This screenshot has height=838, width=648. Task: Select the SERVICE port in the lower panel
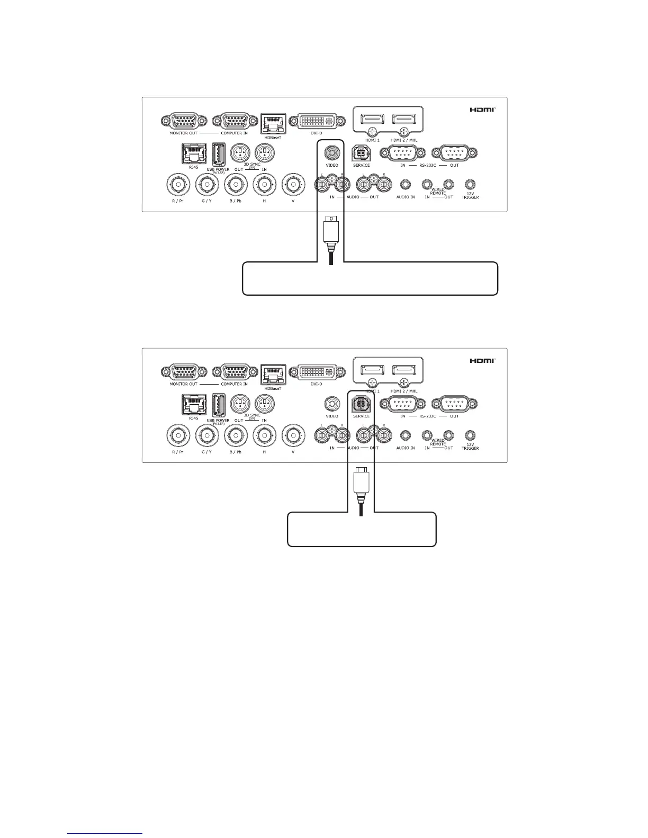click(361, 404)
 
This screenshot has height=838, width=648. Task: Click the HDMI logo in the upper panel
click(483, 110)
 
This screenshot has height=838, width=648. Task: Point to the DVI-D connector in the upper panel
click(316, 121)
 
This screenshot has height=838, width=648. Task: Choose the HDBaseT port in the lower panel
click(273, 372)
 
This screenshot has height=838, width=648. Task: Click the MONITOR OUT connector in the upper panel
click(183, 121)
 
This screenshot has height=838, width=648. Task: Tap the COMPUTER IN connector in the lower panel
click(234, 372)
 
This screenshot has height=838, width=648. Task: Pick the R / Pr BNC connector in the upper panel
click(178, 185)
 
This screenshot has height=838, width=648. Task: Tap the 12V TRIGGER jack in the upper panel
click(470, 185)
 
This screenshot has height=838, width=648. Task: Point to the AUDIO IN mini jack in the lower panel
click(406, 435)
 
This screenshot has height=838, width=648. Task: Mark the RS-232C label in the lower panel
click(428, 416)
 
